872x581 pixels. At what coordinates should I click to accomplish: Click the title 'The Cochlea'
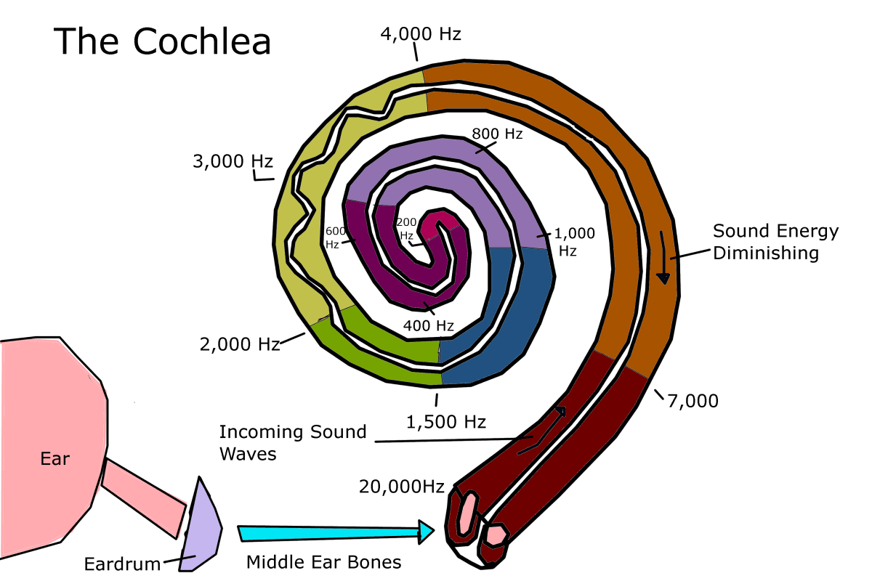click(x=162, y=41)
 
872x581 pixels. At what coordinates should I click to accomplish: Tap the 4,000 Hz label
click(x=421, y=33)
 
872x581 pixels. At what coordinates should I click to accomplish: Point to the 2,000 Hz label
click(x=240, y=345)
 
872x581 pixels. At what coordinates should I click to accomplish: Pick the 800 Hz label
click(x=497, y=134)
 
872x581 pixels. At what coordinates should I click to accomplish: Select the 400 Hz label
click(x=429, y=326)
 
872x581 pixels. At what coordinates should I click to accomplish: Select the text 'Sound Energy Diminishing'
click(x=775, y=243)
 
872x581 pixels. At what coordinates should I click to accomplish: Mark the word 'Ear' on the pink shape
click(x=54, y=458)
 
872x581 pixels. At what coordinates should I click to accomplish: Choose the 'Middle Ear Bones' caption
click(x=323, y=562)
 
